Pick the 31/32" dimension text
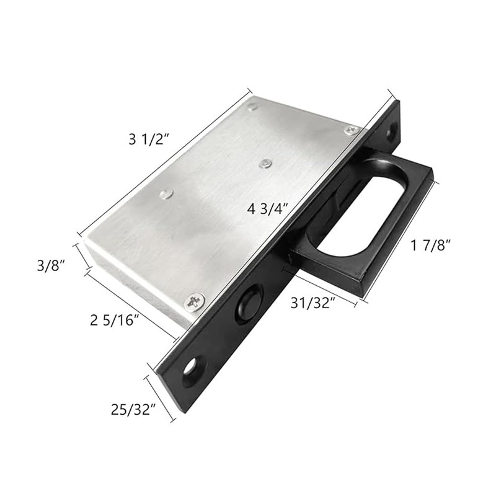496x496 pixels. pyautogui.click(x=313, y=303)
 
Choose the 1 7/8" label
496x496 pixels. pyautogui.click(x=430, y=246)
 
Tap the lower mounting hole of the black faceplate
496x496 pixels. pyautogui.click(x=190, y=368)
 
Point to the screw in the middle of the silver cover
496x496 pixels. pyautogui.click(x=265, y=163)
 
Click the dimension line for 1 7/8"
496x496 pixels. pyautogui.click(x=401, y=239)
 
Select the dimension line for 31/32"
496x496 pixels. pyautogui.click(x=319, y=286)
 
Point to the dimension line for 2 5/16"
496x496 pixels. pyautogui.click(x=131, y=304)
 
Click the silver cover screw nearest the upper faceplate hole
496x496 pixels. pyautogui.click(x=352, y=129)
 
